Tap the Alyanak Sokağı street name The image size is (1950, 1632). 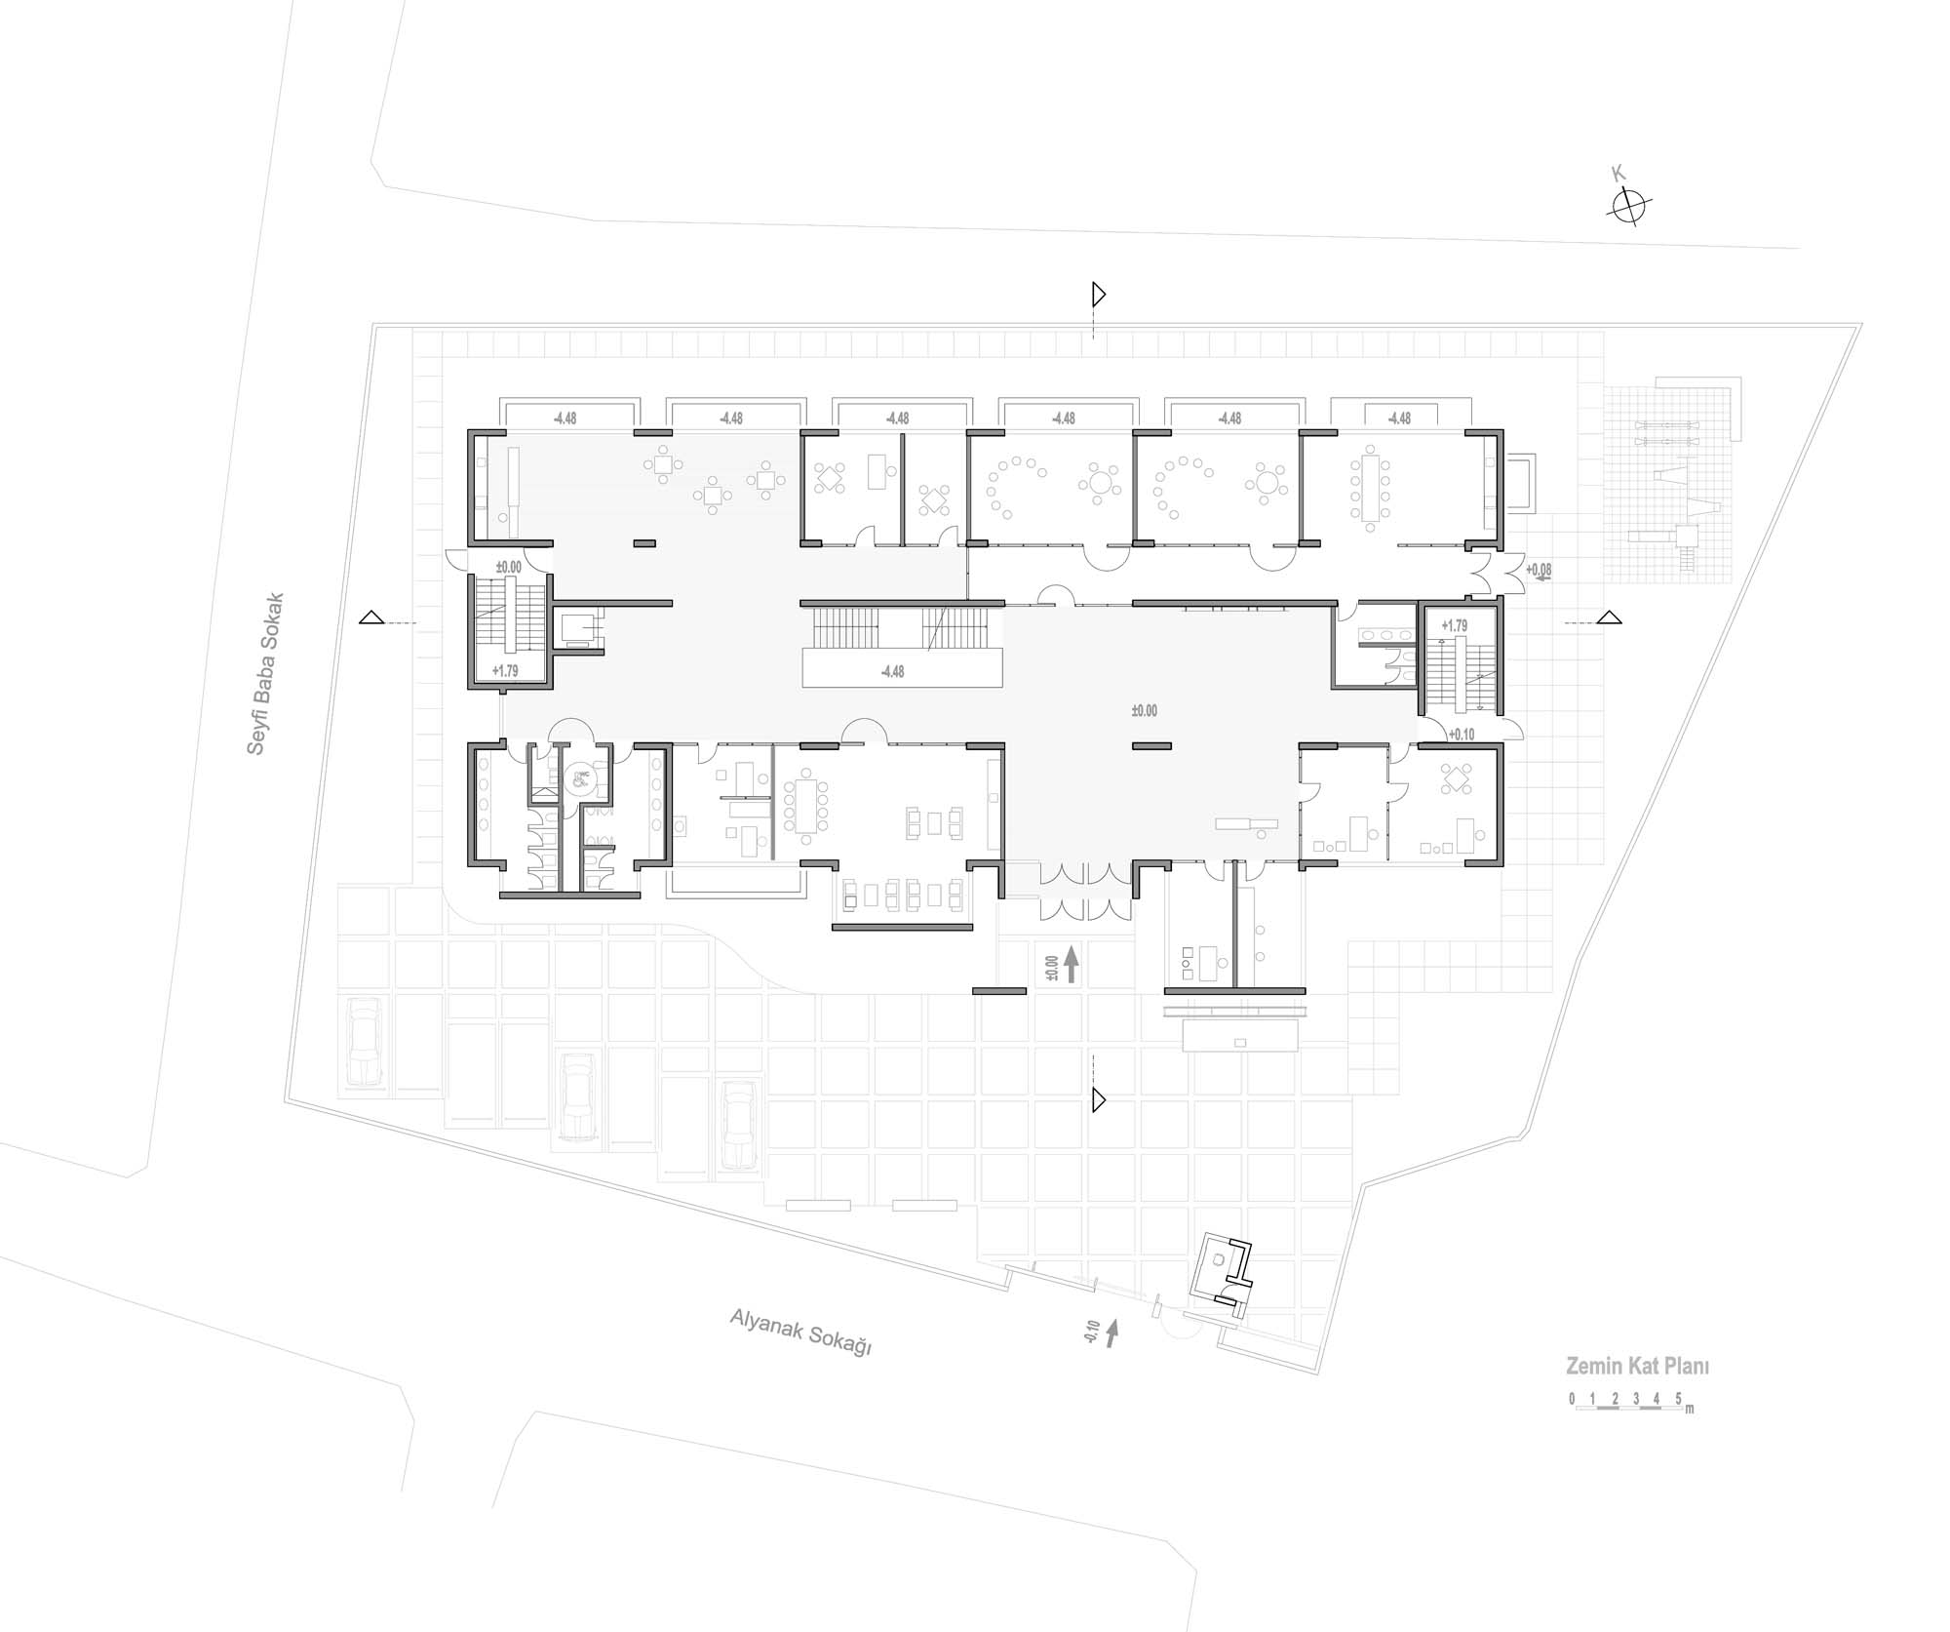click(x=800, y=1332)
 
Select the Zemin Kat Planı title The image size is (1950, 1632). click(x=1637, y=1367)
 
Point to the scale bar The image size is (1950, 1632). click(x=1631, y=1403)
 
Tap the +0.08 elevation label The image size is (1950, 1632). click(x=1539, y=570)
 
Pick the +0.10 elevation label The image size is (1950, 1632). click(x=1462, y=735)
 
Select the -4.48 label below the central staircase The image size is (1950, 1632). click(x=892, y=672)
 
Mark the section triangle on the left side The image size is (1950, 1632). click(x=370, y=617)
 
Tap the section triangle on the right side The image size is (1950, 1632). click(x=1610, y=617)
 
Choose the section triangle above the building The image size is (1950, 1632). click(x=1099, y=294)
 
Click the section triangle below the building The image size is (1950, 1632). click(x=1099, y=1100)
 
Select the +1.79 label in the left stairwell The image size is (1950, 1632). click(x=505, y=671)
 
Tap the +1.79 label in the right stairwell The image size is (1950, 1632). click(x=1454, y=625)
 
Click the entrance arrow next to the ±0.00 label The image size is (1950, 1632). click(x=1071, y=964)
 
